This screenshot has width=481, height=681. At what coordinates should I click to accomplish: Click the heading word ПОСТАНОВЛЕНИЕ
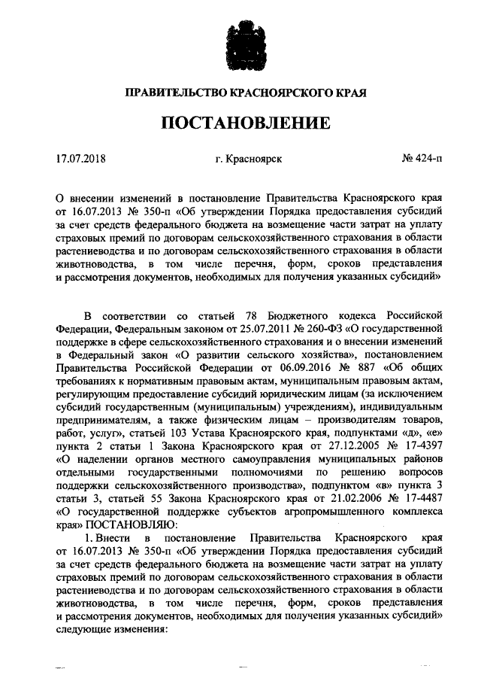(x=240, y=123)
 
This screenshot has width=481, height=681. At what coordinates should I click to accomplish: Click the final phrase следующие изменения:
(x=107, y=628)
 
